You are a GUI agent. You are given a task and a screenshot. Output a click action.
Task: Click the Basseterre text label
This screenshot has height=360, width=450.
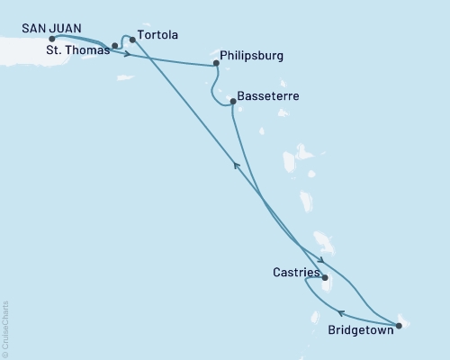(x=269, y=95)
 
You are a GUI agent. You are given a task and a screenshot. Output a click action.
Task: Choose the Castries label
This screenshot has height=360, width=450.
(x=295, y=270)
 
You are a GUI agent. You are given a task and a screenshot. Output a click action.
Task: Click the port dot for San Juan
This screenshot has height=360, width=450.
(x=51, y=39)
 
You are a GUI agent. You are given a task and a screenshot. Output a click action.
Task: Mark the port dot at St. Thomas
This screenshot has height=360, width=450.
(x=115, y=45)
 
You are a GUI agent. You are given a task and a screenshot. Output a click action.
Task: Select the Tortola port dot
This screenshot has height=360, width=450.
(x=132, y=40)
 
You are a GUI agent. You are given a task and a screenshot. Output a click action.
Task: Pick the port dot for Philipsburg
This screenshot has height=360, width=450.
(x=216, y=64)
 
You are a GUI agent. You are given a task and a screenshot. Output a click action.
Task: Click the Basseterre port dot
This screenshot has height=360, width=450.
(x=232, y=102)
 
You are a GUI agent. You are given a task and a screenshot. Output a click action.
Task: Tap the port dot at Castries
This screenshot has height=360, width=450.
(x=325, y=278)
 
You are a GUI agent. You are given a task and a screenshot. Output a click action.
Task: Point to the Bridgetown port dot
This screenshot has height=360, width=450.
(x=399, y=325)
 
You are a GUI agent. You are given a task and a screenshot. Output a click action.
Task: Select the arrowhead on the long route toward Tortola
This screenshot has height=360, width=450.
(x=236, y=164)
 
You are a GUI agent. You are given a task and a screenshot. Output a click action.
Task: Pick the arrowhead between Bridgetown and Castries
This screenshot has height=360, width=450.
(x=328, y=313)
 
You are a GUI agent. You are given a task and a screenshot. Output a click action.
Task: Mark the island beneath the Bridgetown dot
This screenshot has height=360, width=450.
(x=404, y=322)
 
